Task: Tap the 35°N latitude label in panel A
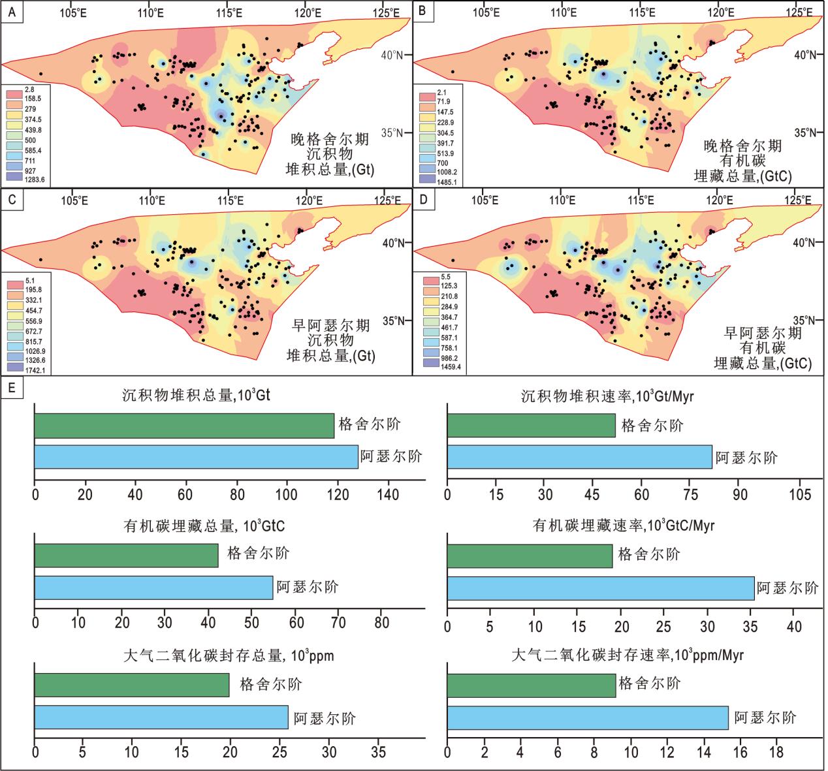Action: pos(395,133)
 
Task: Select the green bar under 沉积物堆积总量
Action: pos(184,426)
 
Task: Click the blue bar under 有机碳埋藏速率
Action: pos(600,588)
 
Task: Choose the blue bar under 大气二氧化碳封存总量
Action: pos(161,717)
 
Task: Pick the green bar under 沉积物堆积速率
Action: pos(531,426)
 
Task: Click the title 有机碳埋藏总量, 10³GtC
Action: pos(204,526)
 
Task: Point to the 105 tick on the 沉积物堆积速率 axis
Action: pos(800,495)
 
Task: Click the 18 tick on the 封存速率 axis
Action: pos(776,753)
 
